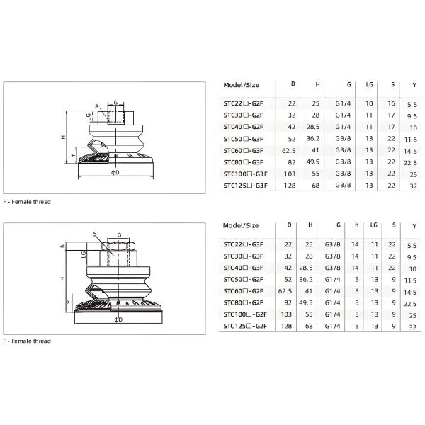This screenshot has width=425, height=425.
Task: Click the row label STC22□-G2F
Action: point(243,103)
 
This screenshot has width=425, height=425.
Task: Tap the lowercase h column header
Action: point(356,225)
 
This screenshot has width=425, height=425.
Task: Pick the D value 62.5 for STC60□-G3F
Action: point(289,150)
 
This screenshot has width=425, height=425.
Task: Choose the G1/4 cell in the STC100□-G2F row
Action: point(338,314)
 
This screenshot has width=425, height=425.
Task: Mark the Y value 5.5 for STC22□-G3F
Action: point(412,244)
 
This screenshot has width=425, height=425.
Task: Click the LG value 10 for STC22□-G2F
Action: point(369,103)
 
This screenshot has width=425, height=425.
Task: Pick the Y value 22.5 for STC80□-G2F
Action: point(412,303)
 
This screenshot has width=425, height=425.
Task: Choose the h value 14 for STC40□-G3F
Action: point(356,267)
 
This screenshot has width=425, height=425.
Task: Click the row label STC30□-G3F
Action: point(243,256)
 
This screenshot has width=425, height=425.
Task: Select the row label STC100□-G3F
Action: point(244,174)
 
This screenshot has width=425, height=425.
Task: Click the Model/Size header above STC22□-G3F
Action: point(241,225)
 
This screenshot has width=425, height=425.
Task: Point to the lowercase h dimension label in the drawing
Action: point(62,246)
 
